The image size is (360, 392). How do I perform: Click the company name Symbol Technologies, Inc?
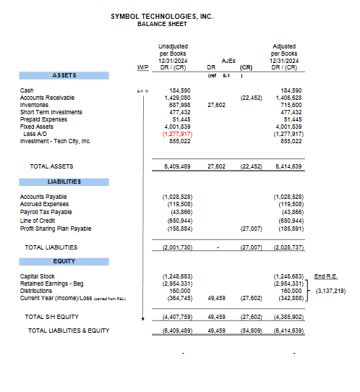[x=162, y=16]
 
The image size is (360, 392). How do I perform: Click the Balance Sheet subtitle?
[x=162, y=24]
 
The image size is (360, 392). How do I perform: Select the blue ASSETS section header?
[x=64, y=75]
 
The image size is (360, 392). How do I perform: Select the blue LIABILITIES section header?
[x=64, y=182]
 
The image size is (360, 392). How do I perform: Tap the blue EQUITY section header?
[x=64, y=261]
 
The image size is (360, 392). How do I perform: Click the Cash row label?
[x=27, y=90]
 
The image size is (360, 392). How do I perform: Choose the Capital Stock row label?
[x=37, y=276]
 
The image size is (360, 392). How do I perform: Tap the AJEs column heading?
[x=228, y=61]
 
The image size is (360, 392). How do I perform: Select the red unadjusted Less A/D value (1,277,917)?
[x=177, y=134]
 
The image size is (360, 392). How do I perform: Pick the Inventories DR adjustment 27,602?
[x=216, y=105]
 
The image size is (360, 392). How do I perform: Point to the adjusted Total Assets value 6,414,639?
[x=288, y=166]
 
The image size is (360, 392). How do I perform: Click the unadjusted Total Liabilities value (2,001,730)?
[x=176, y=247]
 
